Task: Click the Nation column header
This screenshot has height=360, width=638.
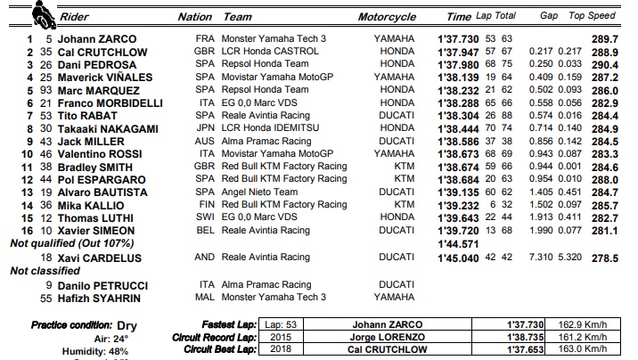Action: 195,17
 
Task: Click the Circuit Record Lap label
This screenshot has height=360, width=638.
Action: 213,338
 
